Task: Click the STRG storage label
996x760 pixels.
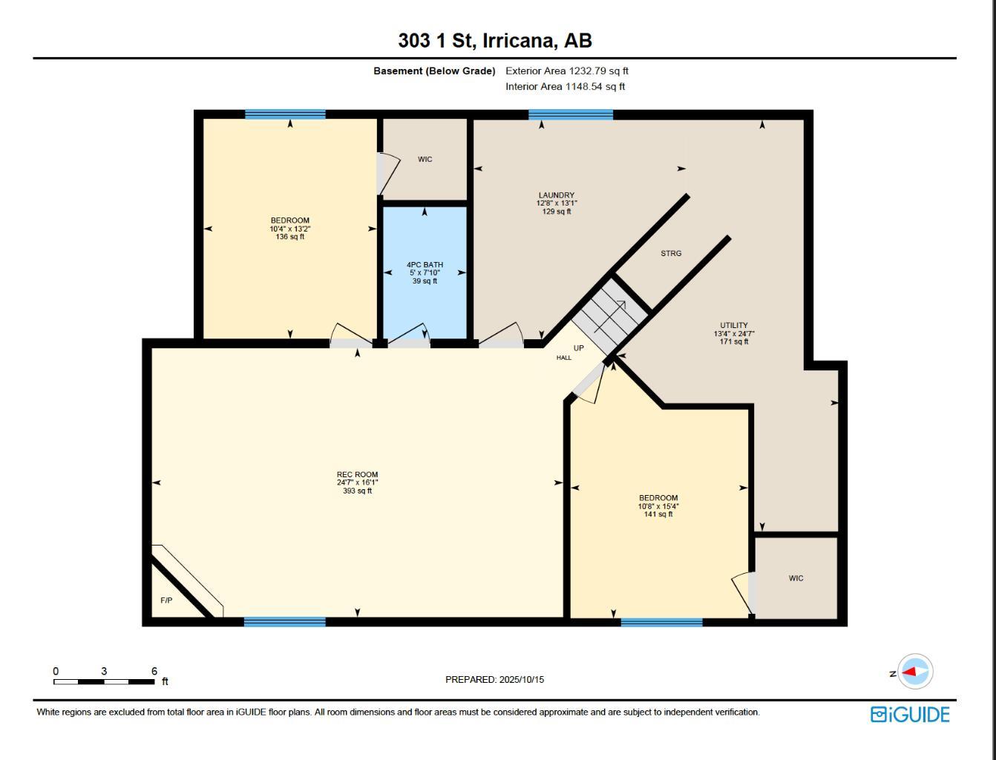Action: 671,254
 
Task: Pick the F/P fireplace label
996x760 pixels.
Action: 166,600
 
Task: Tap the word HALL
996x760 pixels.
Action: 564,358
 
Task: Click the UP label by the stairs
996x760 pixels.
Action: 579,348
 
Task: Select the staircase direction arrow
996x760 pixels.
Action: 610,317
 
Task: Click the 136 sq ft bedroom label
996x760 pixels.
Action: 290,229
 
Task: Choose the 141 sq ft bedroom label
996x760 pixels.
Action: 658,506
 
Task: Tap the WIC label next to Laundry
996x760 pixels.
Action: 425,160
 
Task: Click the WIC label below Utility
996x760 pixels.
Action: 796,578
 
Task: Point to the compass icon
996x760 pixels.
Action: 916,672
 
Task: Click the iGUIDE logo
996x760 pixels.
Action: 910,715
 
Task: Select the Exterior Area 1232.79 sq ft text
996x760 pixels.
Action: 567,71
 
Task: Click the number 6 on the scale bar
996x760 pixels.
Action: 154,671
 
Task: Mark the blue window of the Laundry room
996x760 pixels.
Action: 571,114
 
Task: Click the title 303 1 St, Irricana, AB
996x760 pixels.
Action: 495,40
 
